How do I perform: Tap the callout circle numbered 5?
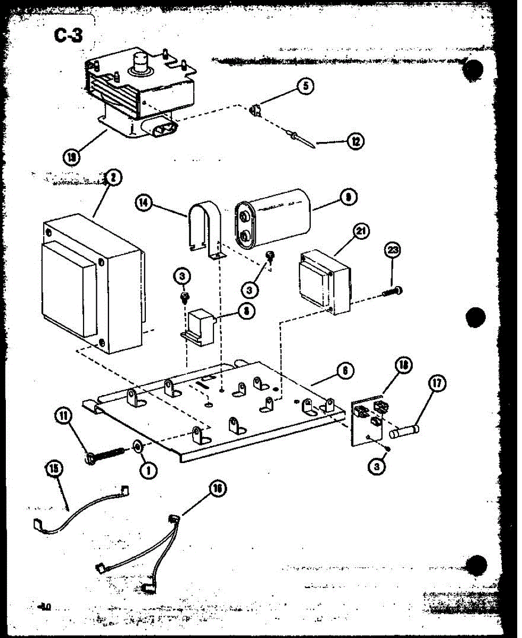point(305,86)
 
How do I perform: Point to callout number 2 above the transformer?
point(112,178)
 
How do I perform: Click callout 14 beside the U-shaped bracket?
point(143,202)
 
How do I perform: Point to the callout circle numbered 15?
point(54,468)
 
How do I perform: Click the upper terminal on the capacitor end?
point(244,216)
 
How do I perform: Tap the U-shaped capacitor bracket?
point(205,229)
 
